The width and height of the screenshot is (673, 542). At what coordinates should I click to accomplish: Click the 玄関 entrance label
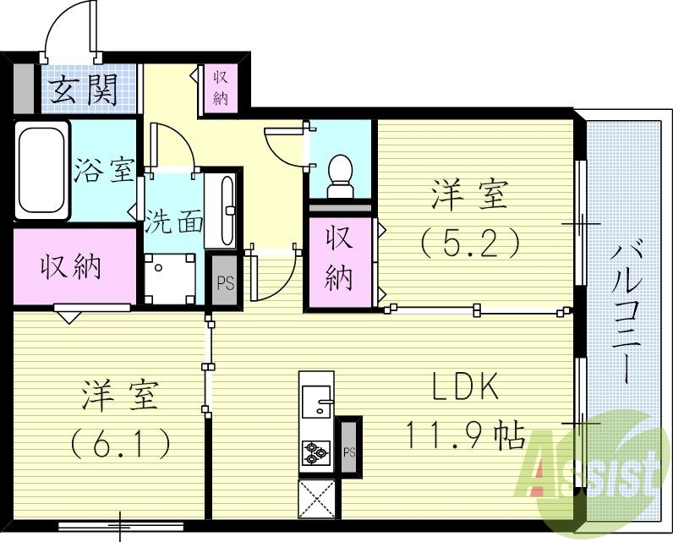coord(82,90)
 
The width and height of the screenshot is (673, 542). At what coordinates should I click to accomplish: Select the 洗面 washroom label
coord(173,222)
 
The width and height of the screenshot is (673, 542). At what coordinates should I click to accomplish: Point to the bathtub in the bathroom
coord(41,170)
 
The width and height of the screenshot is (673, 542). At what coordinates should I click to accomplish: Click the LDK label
coord(466,387)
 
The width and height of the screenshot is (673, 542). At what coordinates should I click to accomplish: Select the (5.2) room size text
coord(469,244)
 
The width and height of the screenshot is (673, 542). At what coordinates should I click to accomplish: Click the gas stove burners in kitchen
coord(316,453)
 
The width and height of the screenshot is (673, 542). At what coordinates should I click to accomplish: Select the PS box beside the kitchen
coord(348,451)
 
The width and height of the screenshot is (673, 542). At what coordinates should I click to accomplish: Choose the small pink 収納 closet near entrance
coord(221,88)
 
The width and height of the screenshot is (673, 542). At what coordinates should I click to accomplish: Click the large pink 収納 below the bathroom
coord(74,266)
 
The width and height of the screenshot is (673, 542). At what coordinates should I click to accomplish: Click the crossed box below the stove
coord(317,499)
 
